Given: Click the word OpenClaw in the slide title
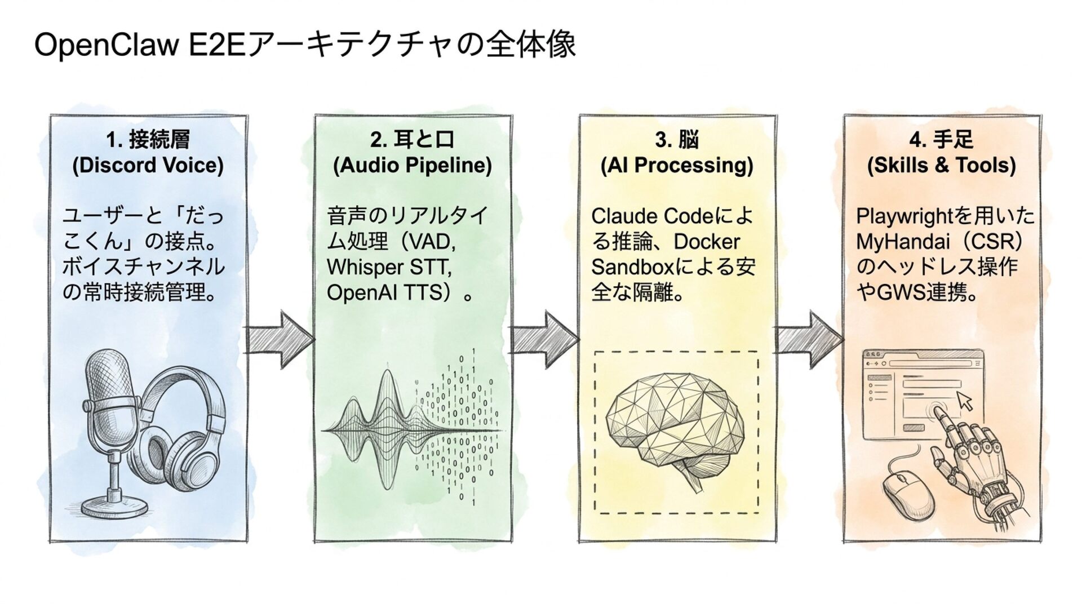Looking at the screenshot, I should point(106,45).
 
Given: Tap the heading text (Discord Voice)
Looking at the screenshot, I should point(148,165).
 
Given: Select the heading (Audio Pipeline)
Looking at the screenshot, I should point(413,165).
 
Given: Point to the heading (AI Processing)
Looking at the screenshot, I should point(677,165).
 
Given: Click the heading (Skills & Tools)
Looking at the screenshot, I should point(941,165).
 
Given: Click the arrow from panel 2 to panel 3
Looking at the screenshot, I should point(544,340).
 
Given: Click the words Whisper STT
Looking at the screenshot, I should point(389,267).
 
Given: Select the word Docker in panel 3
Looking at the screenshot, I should point(707,241).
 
